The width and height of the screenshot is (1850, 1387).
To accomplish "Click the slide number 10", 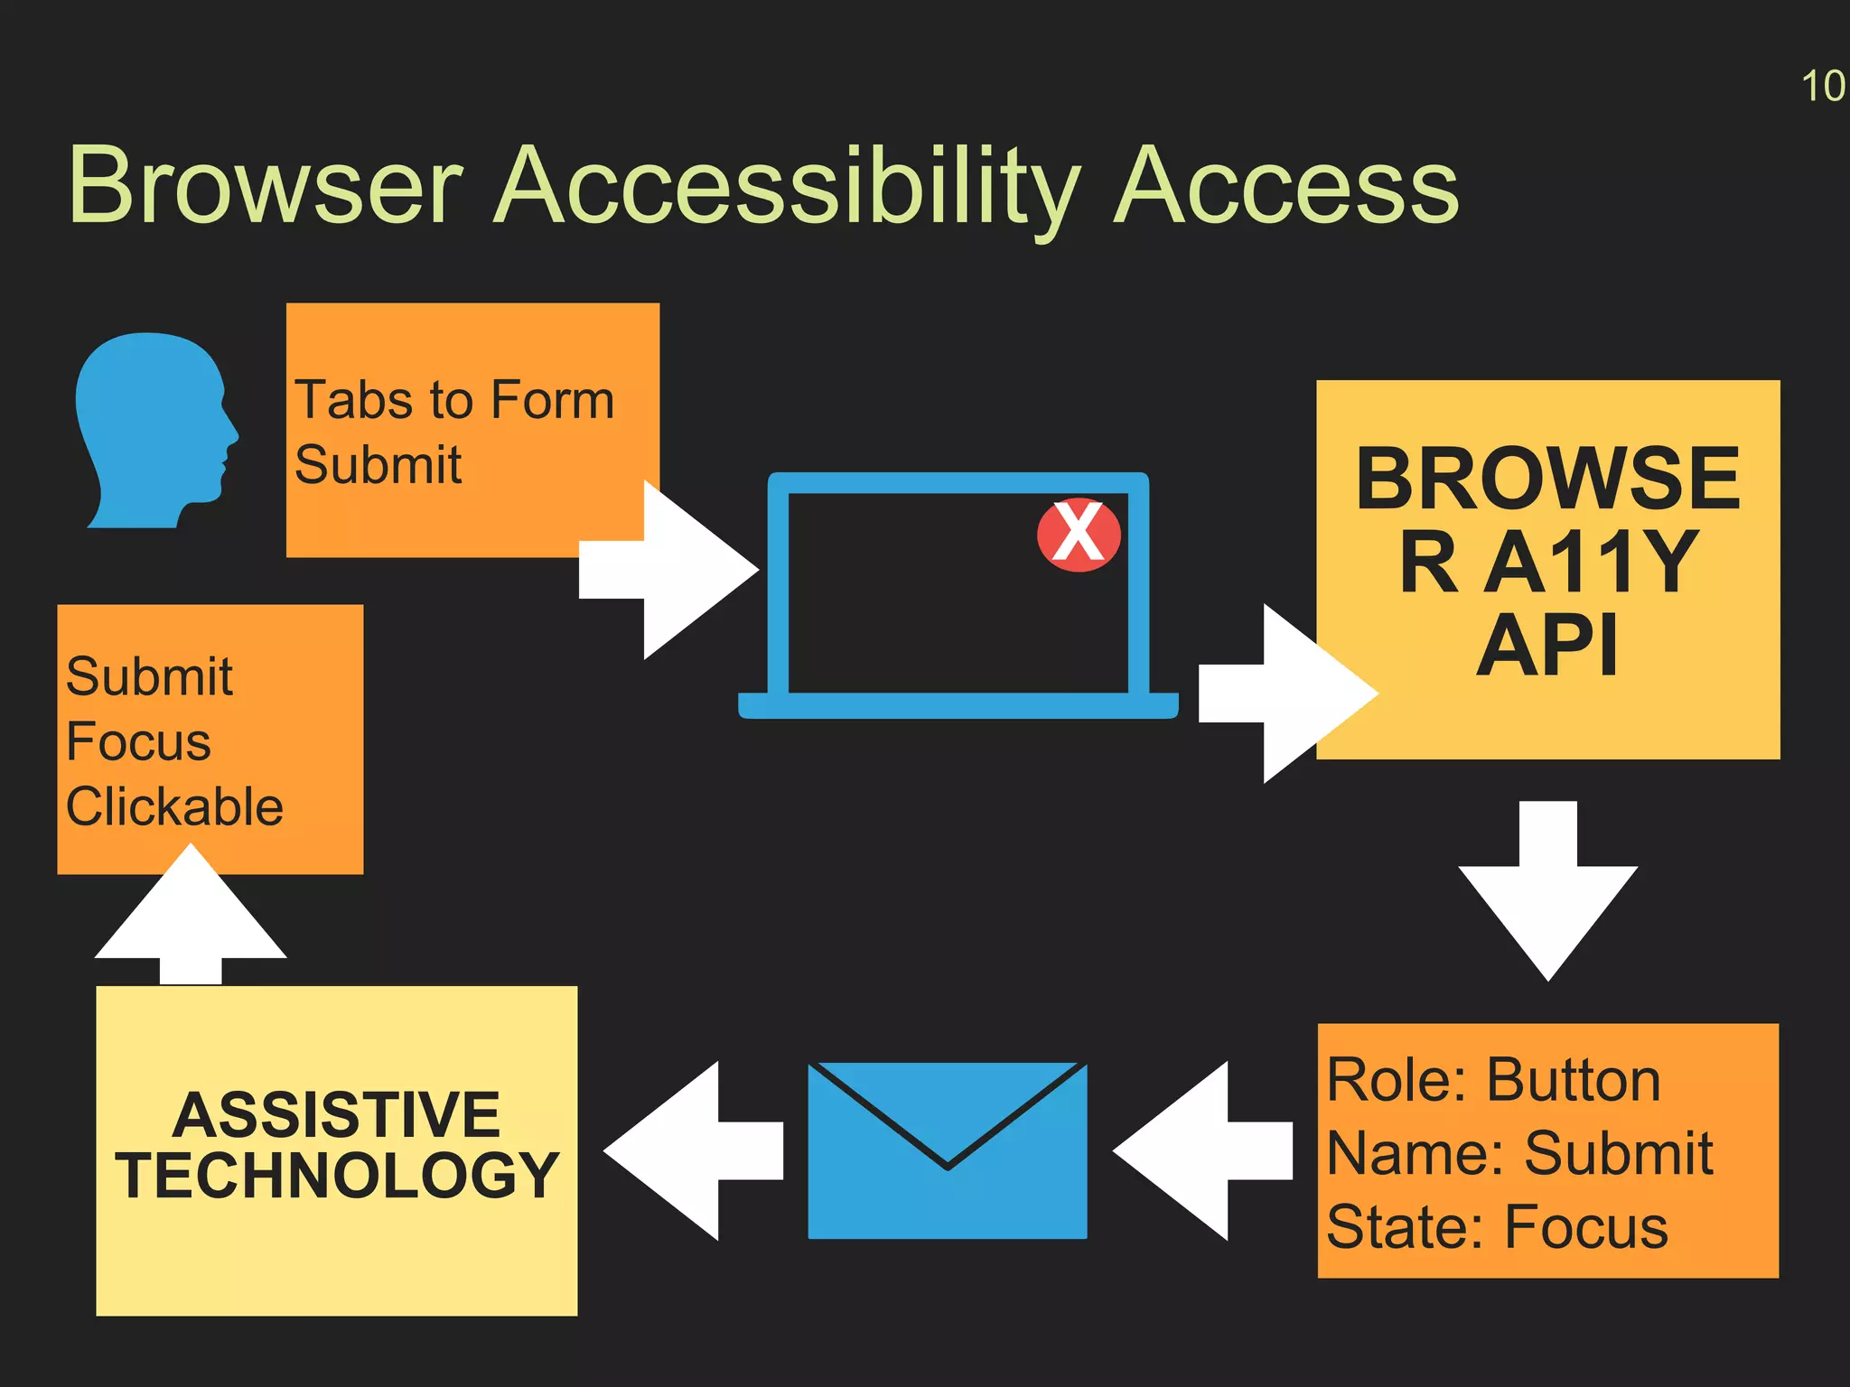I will pyautogui.click(x=1822, y=87).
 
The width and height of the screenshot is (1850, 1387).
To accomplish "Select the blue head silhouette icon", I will pyautogui.click(x=154, y=430).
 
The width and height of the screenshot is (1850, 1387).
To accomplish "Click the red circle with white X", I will pyautogui.click(x=1079, y=535).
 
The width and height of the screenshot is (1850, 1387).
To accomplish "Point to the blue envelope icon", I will pyautogui.click(x=947, y=1150).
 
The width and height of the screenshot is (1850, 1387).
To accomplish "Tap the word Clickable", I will pyautogui.click(x=174, y=806).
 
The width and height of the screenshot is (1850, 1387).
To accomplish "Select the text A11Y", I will pyautogui.click(x=1592, y=562).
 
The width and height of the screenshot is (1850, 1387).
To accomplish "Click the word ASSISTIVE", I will pyautogui.click(x=336, y=1115).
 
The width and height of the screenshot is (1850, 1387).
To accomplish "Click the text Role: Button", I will pyautogui.click(x=1493, y=1080).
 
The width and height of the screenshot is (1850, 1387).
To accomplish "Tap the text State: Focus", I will pyautogui.click(x=1497, y=1227).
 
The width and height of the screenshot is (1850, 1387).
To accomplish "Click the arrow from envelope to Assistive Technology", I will pyautogui.click(x=691, y=1150).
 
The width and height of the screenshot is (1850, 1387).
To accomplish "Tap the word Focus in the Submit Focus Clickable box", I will pyautogui.click(x=138, y=742).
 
